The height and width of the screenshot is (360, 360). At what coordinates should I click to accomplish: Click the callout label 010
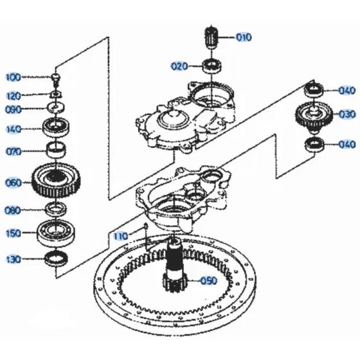pyautogui.click(x=244, y=37)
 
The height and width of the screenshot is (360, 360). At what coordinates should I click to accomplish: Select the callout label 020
pyautogui.click(x=179, y=66)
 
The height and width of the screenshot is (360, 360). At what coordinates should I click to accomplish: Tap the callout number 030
pyautogui.click(x=347, y=114)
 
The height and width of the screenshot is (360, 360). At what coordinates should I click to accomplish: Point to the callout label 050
pyautogui.click(x=209, y=281)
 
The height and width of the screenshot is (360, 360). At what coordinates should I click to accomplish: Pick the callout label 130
pyautogui.click(x=13, y=260)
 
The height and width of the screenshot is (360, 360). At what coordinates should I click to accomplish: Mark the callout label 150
pyautogui.click(x=13, y=232)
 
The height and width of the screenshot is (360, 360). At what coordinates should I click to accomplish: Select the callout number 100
pyautogui.click(x=13, y=78)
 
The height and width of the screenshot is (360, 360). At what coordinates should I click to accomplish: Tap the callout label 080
pyautogui.click(x=13, y=210)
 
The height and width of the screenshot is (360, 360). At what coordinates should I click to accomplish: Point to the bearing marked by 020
pyautogui.click(x=211, y=65)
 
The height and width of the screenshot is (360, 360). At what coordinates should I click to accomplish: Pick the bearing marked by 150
pyautogui.click(x=57, y=231)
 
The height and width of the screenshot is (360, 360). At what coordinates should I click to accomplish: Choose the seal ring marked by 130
pyautogui.click(x=57, y=259)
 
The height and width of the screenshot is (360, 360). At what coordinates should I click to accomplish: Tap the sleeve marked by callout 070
pyautogui.click(x=57, y=152)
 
